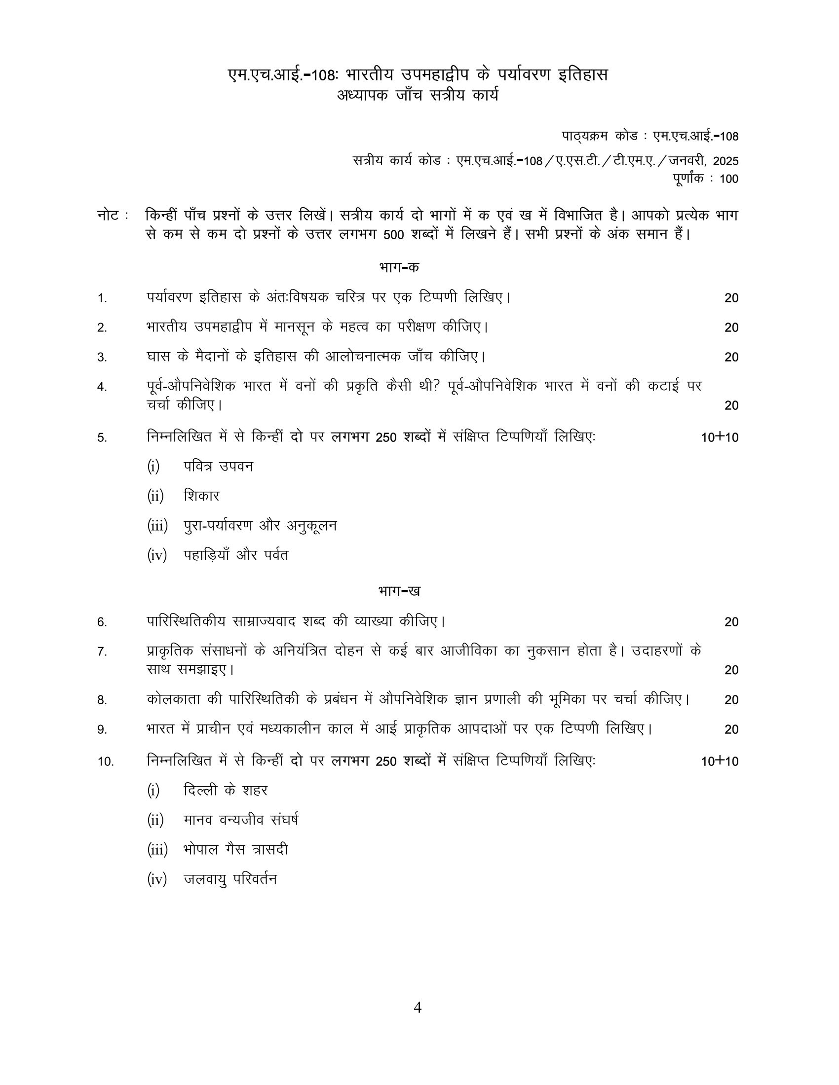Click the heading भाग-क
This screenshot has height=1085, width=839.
point(399,267)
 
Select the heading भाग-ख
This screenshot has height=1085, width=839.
point(399,591)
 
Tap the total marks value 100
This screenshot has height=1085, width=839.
point(728,179)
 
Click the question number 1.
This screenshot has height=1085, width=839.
point(102,298)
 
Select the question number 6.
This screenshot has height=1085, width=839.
point(102,622)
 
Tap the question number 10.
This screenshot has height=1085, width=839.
point(106,761)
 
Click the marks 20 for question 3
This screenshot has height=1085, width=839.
point(731,357)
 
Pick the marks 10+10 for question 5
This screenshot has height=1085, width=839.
point(719,437)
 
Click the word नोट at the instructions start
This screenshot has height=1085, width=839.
point(108,216)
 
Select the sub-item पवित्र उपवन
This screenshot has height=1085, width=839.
point(218,467)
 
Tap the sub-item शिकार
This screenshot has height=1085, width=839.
point(201,496)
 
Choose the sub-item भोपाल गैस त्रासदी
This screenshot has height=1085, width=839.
point(235,850)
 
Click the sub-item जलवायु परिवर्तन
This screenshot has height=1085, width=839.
point(230,879)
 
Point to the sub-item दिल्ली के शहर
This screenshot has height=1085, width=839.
point(225,790)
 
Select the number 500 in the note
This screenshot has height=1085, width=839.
point(394,234)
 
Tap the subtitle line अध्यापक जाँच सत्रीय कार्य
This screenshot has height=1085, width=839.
point(418,95)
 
